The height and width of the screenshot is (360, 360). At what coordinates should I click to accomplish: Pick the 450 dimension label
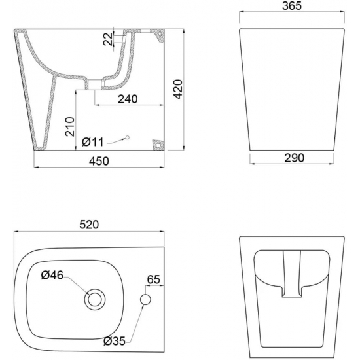point(98,161)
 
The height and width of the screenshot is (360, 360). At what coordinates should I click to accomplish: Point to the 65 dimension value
point(153,279)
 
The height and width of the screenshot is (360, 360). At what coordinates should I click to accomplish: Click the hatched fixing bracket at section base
point(157,144)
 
